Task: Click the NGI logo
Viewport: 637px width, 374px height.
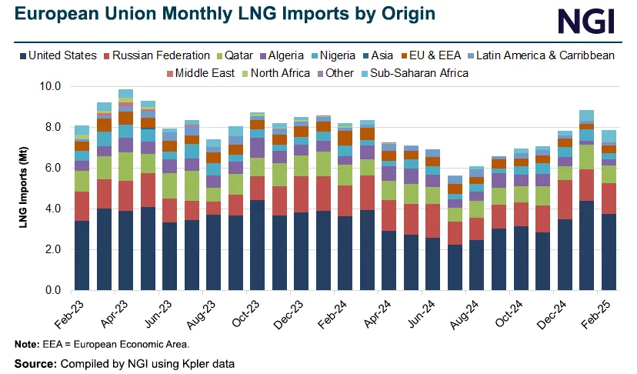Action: [585, 19]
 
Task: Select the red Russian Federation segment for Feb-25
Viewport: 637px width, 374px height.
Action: [609, 199]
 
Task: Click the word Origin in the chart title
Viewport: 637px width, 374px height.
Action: [399, 14]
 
